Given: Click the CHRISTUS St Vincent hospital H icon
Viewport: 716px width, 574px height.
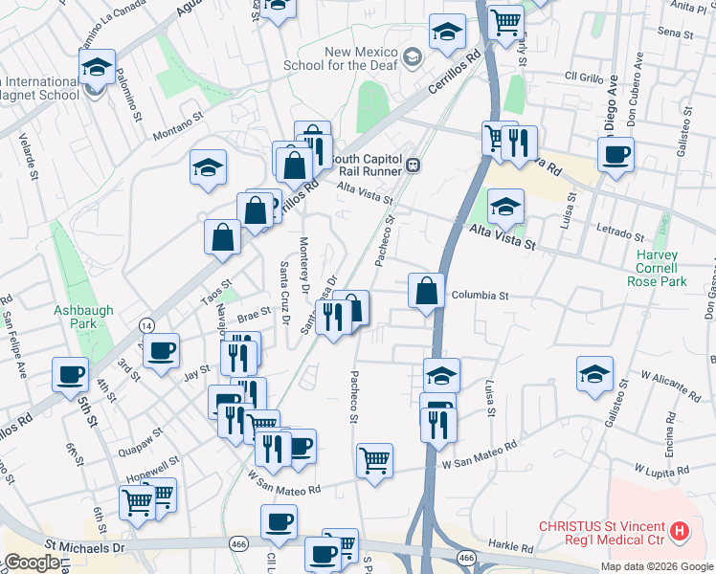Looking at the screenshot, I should point(680,530).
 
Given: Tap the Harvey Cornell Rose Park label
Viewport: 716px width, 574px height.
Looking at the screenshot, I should point(658,269).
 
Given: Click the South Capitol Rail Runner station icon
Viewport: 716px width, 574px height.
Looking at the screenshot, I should point(414,165).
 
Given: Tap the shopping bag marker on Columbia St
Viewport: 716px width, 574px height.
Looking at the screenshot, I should point(426,290).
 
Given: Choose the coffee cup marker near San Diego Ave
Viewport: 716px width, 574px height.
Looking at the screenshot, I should point(615,154).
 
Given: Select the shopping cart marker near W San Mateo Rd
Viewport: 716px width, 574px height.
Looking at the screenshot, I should point(374,461).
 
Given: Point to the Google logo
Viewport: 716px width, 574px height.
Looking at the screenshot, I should point(33,563).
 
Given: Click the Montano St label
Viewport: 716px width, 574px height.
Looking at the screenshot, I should point(179,125).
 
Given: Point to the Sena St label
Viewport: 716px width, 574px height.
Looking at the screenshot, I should point(675,33).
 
